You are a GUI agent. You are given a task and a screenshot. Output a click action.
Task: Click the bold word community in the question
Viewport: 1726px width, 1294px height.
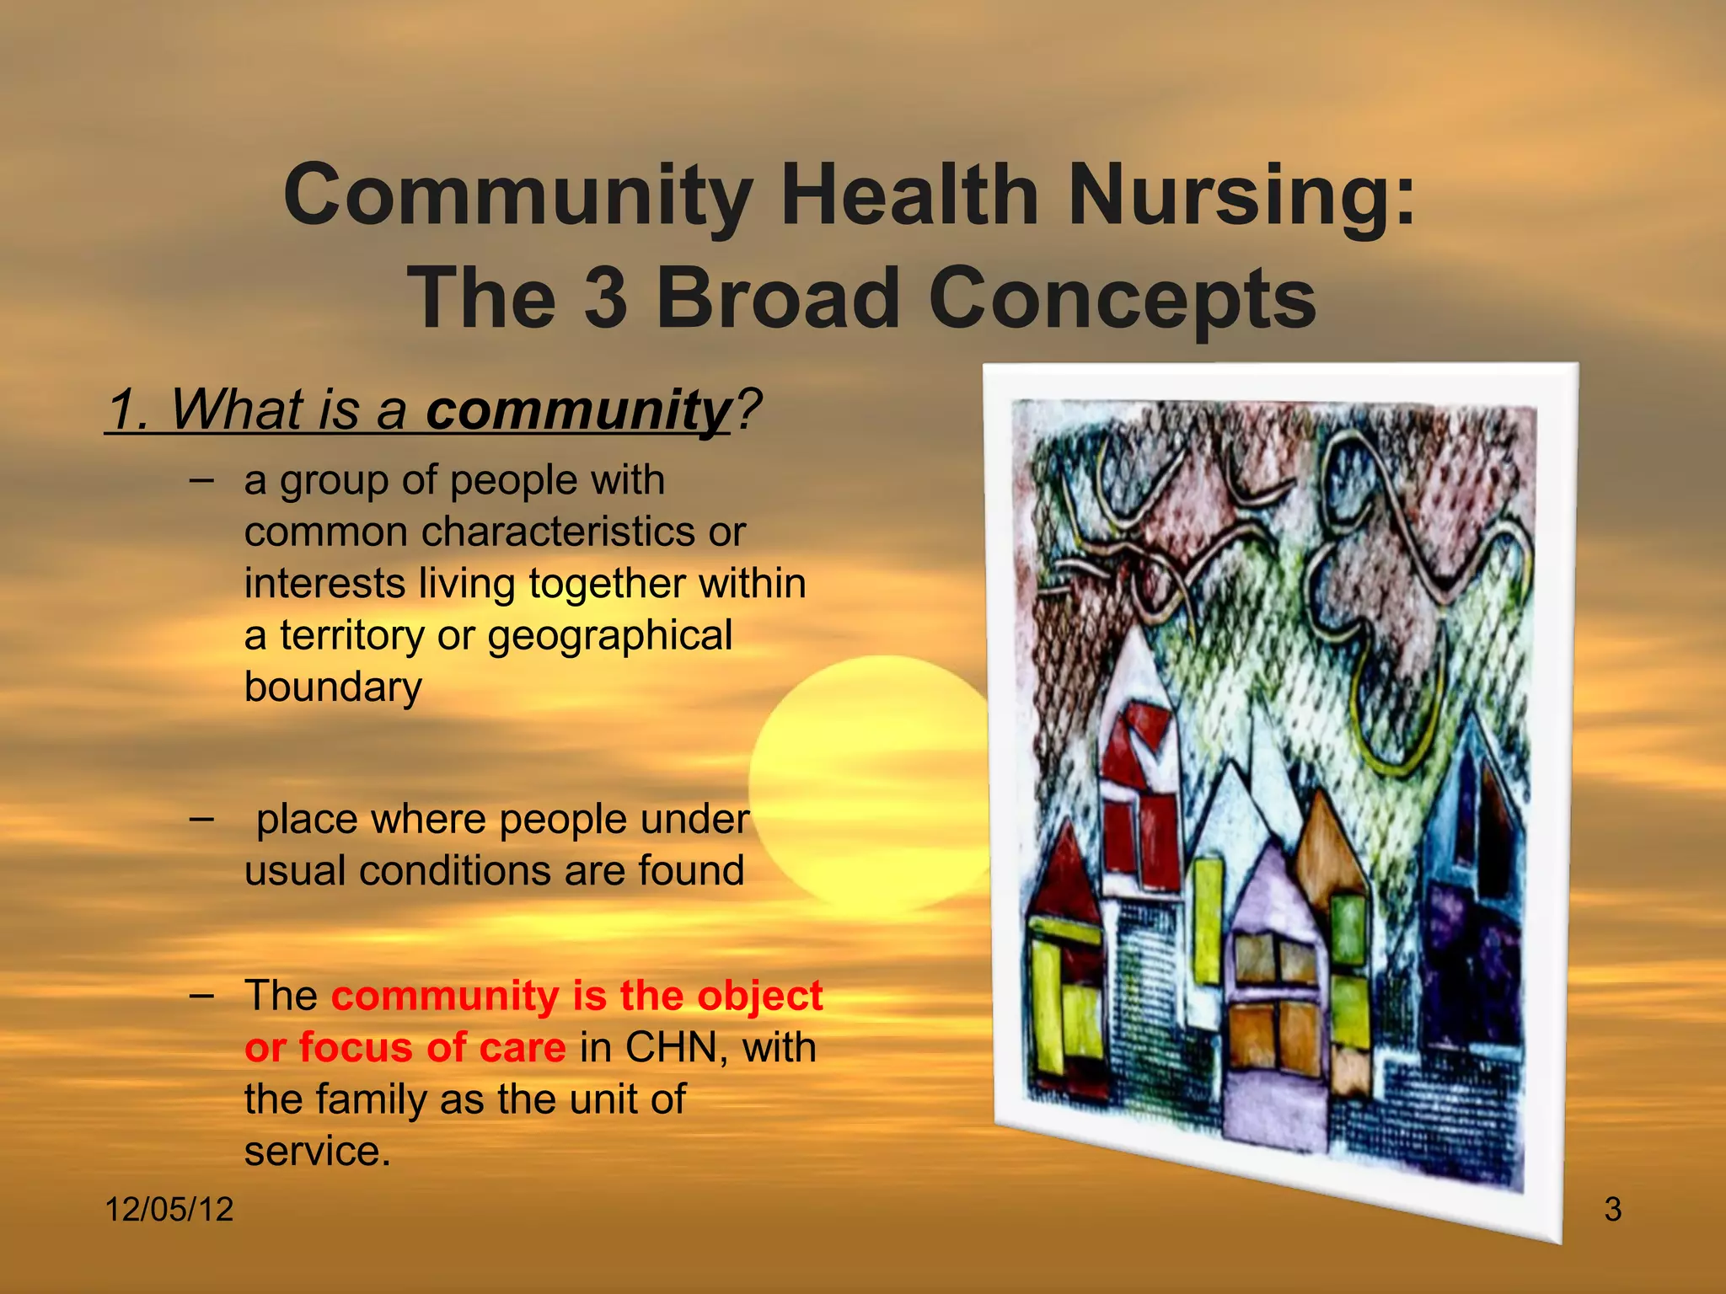click(578, 410)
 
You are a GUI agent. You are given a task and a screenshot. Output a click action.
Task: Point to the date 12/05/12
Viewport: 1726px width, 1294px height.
click(169, 1210)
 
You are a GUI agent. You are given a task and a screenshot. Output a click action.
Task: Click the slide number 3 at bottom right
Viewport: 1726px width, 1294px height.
click(1612, 1210)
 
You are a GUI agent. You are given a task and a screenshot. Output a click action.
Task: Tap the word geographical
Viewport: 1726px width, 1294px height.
click(610, 637)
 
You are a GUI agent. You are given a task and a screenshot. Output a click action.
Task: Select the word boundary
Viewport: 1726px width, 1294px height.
click(333, 687)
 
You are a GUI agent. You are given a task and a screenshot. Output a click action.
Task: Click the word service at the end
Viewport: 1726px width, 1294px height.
click(317, 1152)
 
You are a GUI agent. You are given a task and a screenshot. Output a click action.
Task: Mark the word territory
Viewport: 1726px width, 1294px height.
click(352, 637)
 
